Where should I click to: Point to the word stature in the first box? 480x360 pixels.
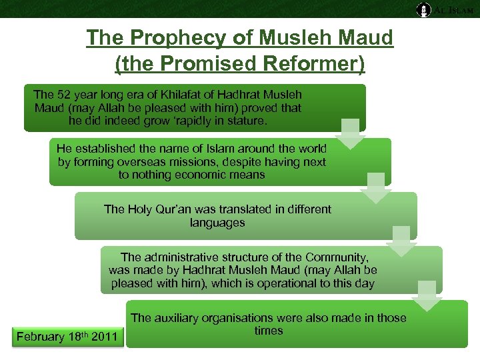pyautogui.click(x=245, y=121)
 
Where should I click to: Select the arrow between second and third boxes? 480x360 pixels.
pyautogui.click(x=376, y=187)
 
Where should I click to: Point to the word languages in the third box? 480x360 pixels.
pyautogui.click(x=217, y=222)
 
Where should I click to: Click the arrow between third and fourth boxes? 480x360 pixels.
pyautogui.click(x=401, y=241)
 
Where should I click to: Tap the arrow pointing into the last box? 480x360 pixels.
pyautogui.click(x=427, y=295)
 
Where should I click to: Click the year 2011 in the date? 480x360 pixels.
pyautogui.click(x=103, y=337)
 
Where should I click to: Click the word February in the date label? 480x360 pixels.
pyautogui.click(x=41, y=337)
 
